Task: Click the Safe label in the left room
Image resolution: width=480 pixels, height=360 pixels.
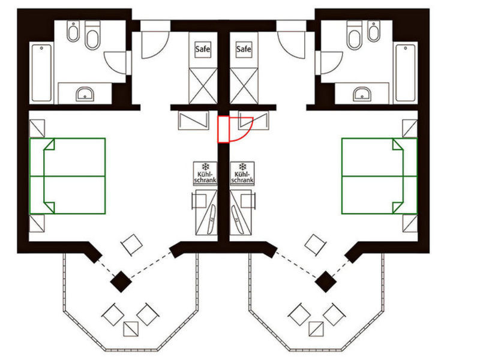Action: [x=203, y=49]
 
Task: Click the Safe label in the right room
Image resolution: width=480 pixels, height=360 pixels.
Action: [x=244, y=49]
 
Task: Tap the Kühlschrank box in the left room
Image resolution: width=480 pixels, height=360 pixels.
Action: [x=205, y=173]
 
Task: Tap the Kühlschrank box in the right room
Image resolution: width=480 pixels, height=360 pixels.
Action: [x=242, y=173]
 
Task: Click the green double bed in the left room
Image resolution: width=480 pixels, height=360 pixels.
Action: [x=68, y=176]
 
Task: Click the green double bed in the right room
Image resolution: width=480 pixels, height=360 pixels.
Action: [x=379, y=176]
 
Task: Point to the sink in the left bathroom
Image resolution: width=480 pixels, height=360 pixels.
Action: [x=85, y=94]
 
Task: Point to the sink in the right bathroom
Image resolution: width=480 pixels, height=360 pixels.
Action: [x=362, y=94]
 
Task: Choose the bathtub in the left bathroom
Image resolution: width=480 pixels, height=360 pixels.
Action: [x=41, y=73]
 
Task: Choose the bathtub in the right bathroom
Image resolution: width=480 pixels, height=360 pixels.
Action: [x=406, y=73]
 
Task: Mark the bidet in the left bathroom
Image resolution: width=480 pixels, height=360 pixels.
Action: [x=73, y=31]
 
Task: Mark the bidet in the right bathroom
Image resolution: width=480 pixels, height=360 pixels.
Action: [x=374, y=31]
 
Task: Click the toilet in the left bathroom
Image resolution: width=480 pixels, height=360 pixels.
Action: [x=92, y=35]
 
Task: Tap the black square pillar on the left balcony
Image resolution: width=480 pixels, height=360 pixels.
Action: [x=121, y=281]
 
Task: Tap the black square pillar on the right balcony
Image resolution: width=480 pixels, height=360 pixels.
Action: [x=326, y=281]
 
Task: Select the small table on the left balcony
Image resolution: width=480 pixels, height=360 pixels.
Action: [x=131, y=329]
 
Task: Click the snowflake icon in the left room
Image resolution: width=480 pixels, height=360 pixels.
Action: [x=205, y=167]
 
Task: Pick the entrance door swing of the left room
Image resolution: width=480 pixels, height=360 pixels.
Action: [x=155, y=44]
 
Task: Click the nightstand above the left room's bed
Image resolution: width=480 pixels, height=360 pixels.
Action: [x=37, y=128]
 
